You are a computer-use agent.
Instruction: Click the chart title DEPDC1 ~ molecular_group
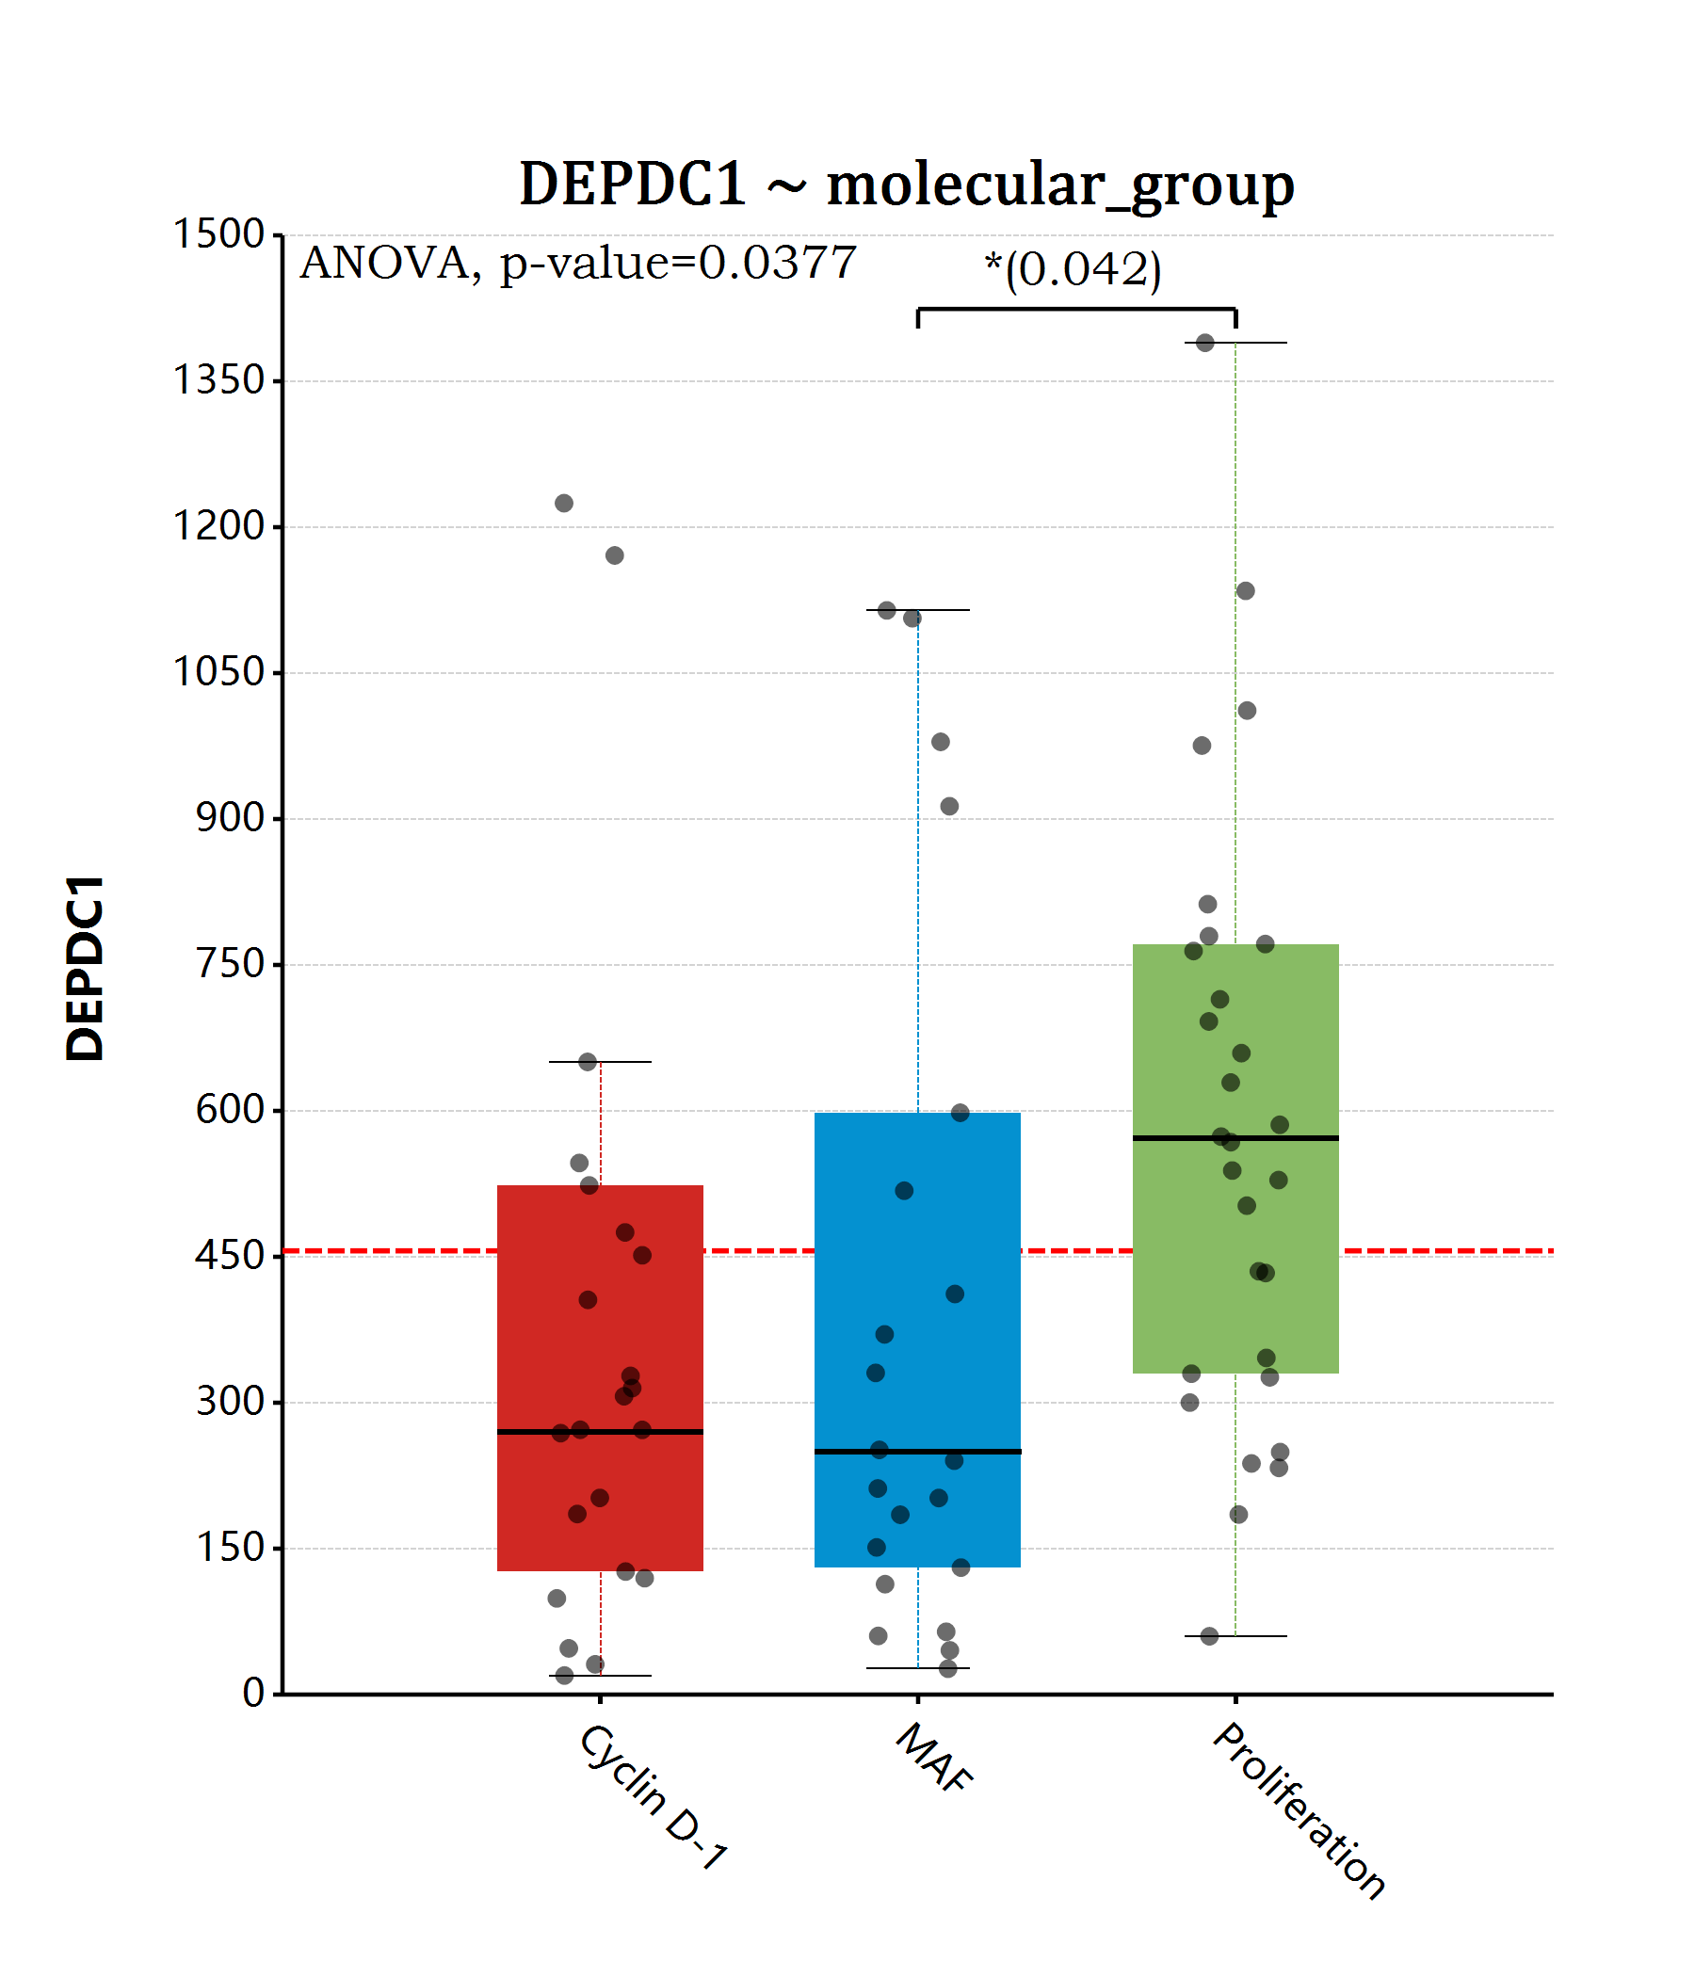click(x=906, y=184)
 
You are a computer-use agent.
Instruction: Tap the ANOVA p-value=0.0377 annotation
click(x=577, y=264)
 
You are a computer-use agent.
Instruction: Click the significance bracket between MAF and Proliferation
click(x=1075, y=308)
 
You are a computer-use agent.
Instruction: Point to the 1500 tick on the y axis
click(x=218, y=234)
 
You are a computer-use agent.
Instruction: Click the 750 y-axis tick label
click(x=229, y=965)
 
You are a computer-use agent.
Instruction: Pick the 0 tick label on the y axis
click(x=253, y=1694)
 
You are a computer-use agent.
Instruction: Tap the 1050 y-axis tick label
click(x=218, y=673)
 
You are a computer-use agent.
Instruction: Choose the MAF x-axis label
click(x=934, y=1758)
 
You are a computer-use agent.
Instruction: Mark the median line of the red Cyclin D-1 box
click(x=601, y=1432)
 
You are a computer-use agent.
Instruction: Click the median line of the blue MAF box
click(x=917, y=1453)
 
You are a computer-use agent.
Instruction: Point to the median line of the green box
click(x=1235, y=1138)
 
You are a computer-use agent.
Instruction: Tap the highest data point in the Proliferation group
click(x=1204, y=343)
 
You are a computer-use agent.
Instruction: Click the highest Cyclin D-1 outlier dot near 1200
click(x=564, y=503)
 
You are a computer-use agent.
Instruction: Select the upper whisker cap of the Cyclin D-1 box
click(x=601, y=1062)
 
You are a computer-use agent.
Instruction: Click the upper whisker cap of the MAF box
click(x=917, y=610)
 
